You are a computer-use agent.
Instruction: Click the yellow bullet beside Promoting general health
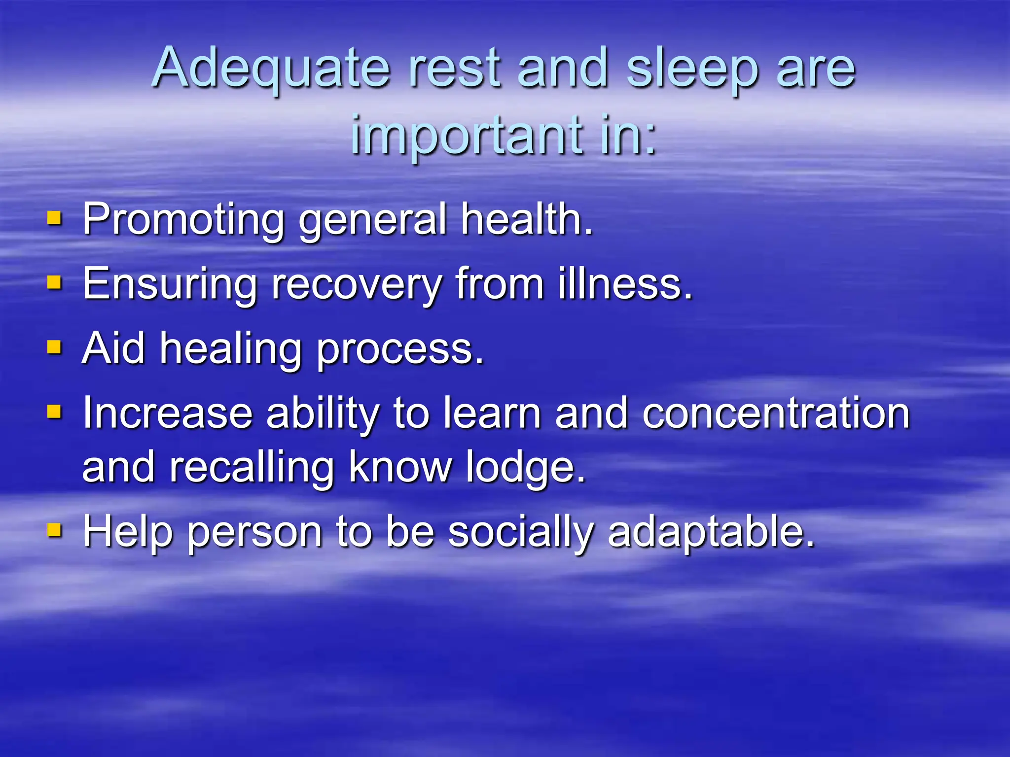54,218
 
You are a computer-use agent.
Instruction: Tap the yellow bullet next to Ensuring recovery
54,283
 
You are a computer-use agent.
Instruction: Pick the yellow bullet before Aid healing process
54,347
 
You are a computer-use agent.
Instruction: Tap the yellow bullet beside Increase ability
54,412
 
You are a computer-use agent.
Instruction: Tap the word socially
521,532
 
